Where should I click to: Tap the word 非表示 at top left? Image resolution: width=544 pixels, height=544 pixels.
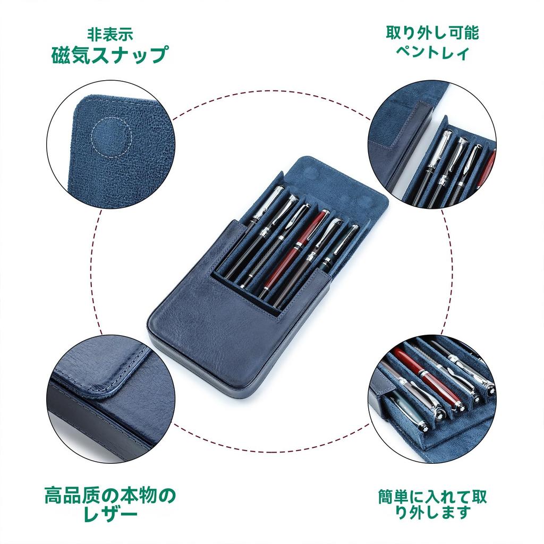click(x=110, y=35)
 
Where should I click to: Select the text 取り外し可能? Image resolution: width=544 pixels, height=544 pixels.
click(x=432, y=33)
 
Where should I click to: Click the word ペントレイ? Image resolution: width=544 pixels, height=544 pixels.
click(x=432, y=53)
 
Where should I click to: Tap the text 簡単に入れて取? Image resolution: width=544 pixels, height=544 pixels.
click(x=432, y=497)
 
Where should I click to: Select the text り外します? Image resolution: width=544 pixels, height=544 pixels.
click(x=432, y=513)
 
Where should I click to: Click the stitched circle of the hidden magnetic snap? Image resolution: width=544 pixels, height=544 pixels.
click(x=110, y=137)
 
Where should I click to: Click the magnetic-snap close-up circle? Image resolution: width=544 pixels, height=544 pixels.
click(x=110, y=143)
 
